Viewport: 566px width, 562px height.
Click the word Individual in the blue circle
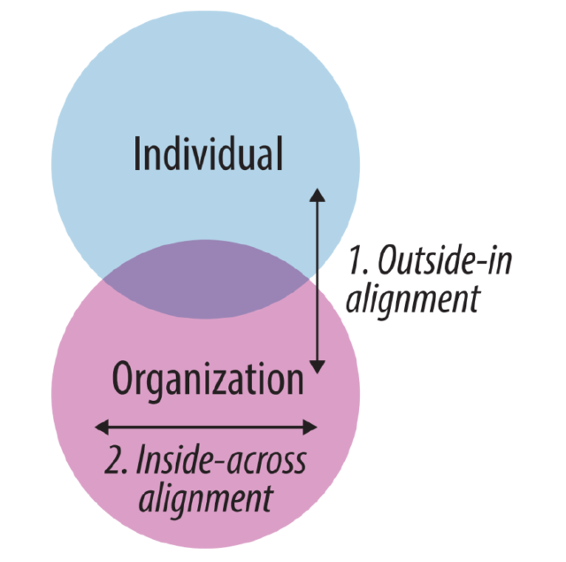click(x=208, y=154)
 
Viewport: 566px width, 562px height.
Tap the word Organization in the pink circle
click(x=208, y=380)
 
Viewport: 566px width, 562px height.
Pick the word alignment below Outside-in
click(x=412, y=299)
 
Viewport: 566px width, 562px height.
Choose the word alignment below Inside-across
click(x=205, y=497)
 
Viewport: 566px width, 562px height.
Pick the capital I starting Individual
click(x=137, y=154)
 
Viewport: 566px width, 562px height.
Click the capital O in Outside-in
click(x=386, y=262)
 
